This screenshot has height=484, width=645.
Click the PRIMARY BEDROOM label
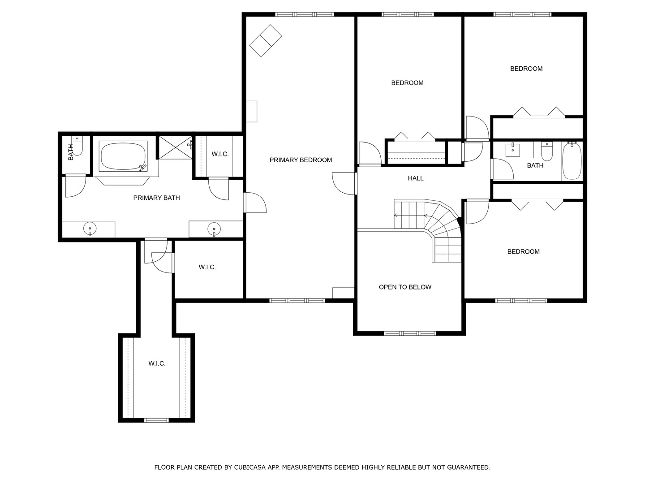(x=300, y=160)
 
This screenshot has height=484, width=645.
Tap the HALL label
(x=416, y=178)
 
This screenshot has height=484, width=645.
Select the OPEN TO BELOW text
(x=405, y=287)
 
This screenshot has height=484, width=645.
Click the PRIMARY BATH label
(x=156, y=198)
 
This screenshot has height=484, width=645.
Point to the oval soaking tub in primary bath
(x=123, y=156)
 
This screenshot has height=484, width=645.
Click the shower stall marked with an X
(x=176, y=147)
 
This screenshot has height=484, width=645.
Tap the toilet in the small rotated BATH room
(x=77, y=146)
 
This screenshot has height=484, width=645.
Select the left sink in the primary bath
(x=90, y=229)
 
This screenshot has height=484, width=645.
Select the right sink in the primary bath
(x=214, y=229)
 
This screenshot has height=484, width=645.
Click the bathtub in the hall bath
(x=572, y=161)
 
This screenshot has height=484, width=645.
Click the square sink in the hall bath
(x=513, y=150)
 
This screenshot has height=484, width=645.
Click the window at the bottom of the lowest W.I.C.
(x=156, y=420)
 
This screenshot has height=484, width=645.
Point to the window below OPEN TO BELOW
(x=410, y=333)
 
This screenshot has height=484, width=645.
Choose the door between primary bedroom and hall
(x=344, y=183)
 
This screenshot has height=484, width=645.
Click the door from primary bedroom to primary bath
(x=255, y=203)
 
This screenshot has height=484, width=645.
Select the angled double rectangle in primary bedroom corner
(x=266, y=40)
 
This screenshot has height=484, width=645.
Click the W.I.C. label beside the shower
(x=220, y=154)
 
